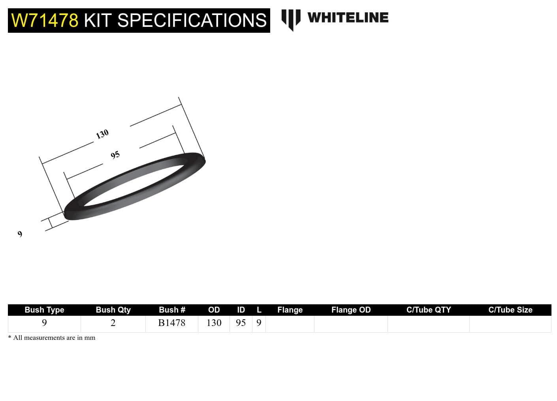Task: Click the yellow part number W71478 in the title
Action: click(x=45, y=21)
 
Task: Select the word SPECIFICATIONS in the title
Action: click(x=192, y=21)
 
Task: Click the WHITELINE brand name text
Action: click(x=348, y=17)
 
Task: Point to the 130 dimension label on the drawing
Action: click(x=102, y=134)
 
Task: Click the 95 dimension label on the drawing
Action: click(x=115, y=155)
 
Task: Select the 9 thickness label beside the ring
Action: click(x=20, y=234)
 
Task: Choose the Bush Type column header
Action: click(x=44, y=310)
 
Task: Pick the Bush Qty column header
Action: click(x=113, y=310)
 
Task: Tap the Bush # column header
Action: click(x=172, y=310)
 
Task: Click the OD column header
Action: click(x=214, y=310)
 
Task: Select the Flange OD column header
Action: click(x=351, y=310)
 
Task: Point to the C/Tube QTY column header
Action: click(x=429, y=310)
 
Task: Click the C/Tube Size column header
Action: click(x=510, y=310)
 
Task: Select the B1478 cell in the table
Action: click(x=171, y=323)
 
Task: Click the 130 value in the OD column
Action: click(x=214, y=323)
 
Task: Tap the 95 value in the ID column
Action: click(x=241, y=323)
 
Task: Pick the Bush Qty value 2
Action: click(x=113, y=323)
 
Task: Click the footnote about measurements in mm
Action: click(x=52, y=338)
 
